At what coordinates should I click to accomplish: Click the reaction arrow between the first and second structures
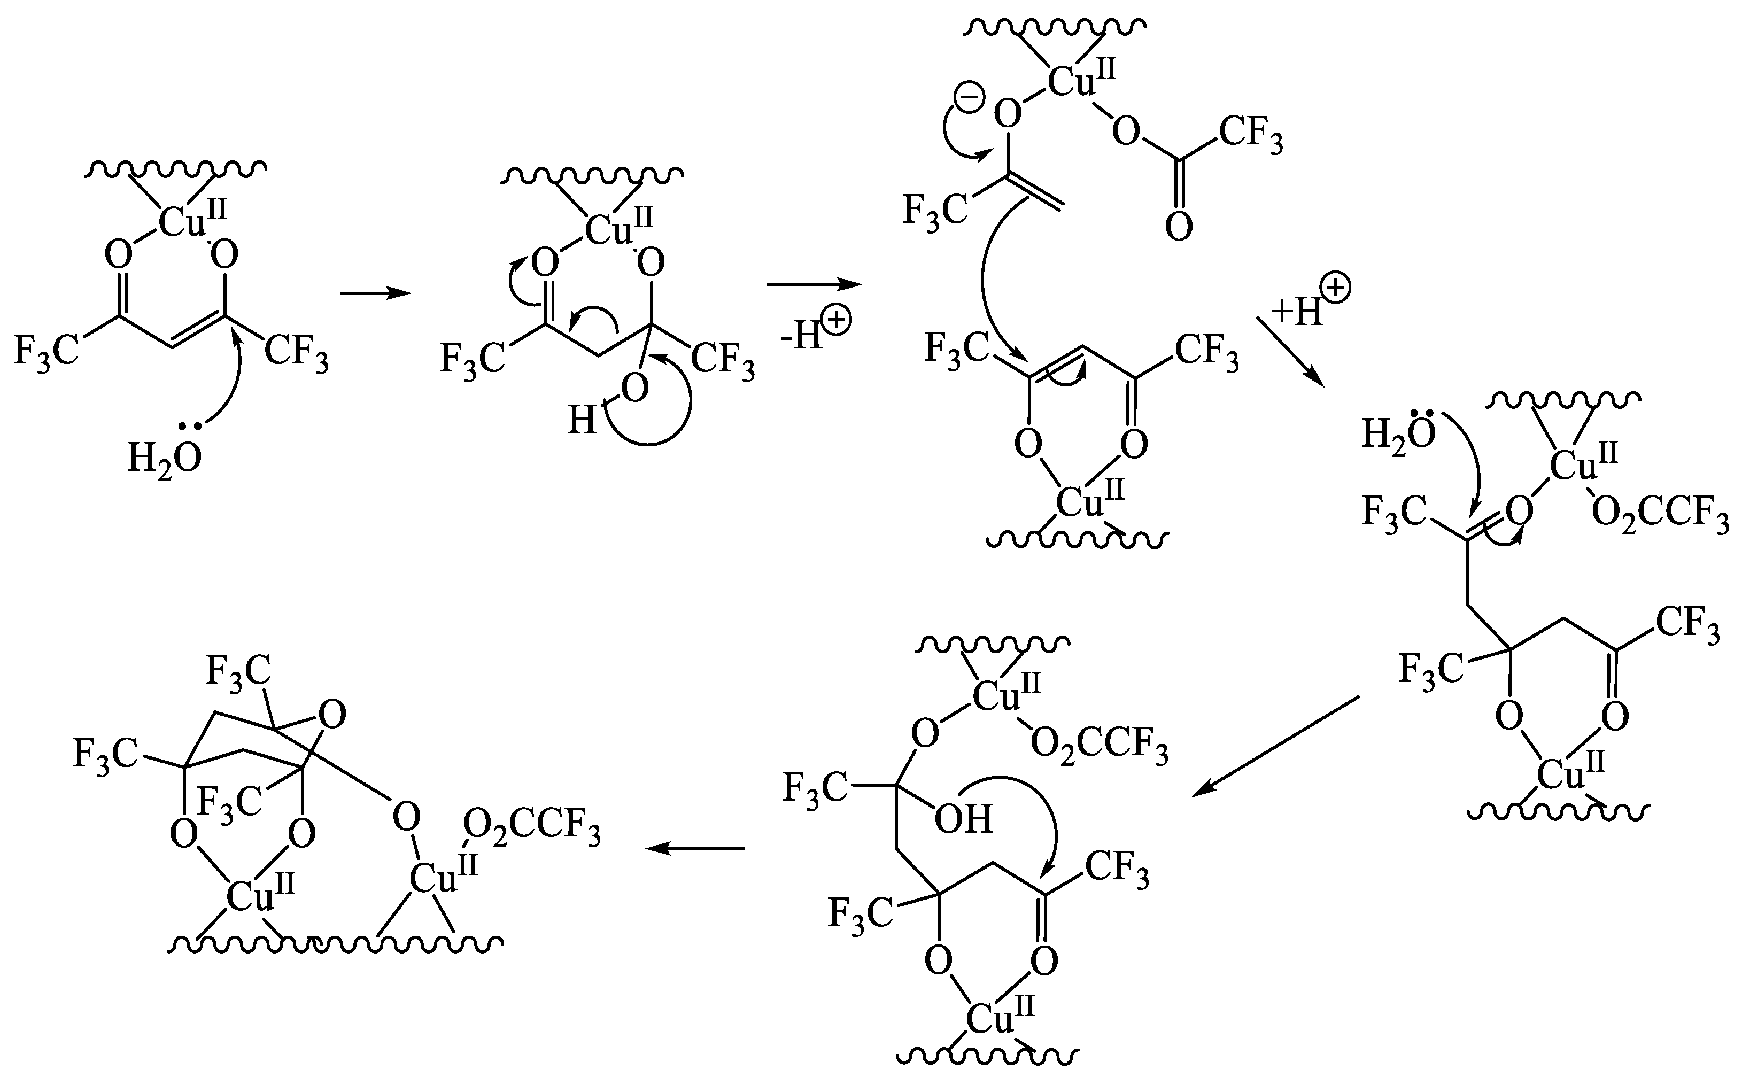(x=375, y=293)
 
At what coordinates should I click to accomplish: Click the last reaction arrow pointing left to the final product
(x=694, y=848)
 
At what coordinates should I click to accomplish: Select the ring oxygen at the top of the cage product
(x=332, y=715)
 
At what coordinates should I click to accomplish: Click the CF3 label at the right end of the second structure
(x=722, y=358)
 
